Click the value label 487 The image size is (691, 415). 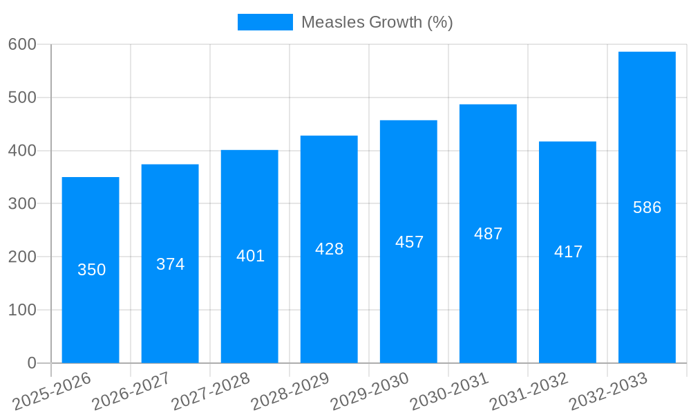tap(488, 234)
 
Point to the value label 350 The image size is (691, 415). tap(91, 270)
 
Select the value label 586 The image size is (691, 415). tap(647, 207)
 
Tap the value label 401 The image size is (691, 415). tap(250, 256)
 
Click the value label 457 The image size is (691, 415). tap(409, 242)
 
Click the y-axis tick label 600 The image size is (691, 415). tap(22, 44)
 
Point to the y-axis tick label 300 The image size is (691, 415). tap(22, 203)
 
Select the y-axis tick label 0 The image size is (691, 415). tap(31, 363)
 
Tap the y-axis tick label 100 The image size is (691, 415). tap(22, 310)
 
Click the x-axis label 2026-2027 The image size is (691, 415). tap(131, 391)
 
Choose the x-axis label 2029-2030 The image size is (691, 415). tap(369, 391)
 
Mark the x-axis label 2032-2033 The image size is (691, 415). tap(607, 391)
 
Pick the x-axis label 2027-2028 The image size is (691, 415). tap(210, 391)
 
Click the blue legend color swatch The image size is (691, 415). tap(265, 22)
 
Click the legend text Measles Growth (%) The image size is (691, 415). tap(377, 22)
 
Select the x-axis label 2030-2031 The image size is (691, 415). tap(448, 391)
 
